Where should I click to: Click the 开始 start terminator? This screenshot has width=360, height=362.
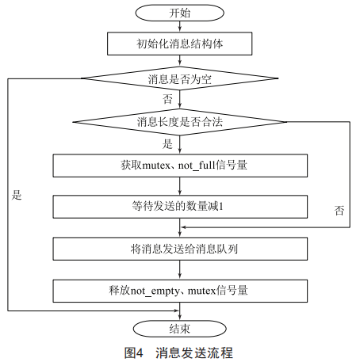180,13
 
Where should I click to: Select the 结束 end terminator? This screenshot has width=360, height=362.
180,329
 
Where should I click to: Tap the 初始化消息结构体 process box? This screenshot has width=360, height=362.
180,44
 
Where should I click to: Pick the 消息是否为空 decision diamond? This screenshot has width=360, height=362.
180,78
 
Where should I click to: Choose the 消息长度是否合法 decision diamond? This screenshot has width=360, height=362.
180,122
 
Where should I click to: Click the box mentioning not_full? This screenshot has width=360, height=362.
180,166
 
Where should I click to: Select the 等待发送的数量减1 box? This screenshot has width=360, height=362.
180,207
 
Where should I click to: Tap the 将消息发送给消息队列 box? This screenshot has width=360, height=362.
180,249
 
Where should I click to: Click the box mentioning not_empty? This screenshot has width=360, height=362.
180,291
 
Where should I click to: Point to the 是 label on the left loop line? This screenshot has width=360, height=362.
17,195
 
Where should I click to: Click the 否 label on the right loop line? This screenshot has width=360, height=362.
339,211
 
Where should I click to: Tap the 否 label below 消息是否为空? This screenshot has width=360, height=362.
167,99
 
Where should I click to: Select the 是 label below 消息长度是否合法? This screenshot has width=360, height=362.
167,144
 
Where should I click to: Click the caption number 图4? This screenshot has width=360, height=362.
134,352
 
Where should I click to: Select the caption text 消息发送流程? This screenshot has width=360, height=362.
194,352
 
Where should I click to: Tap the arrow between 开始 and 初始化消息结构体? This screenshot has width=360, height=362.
180,26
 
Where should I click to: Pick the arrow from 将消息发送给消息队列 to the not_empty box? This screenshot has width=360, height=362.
180,270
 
